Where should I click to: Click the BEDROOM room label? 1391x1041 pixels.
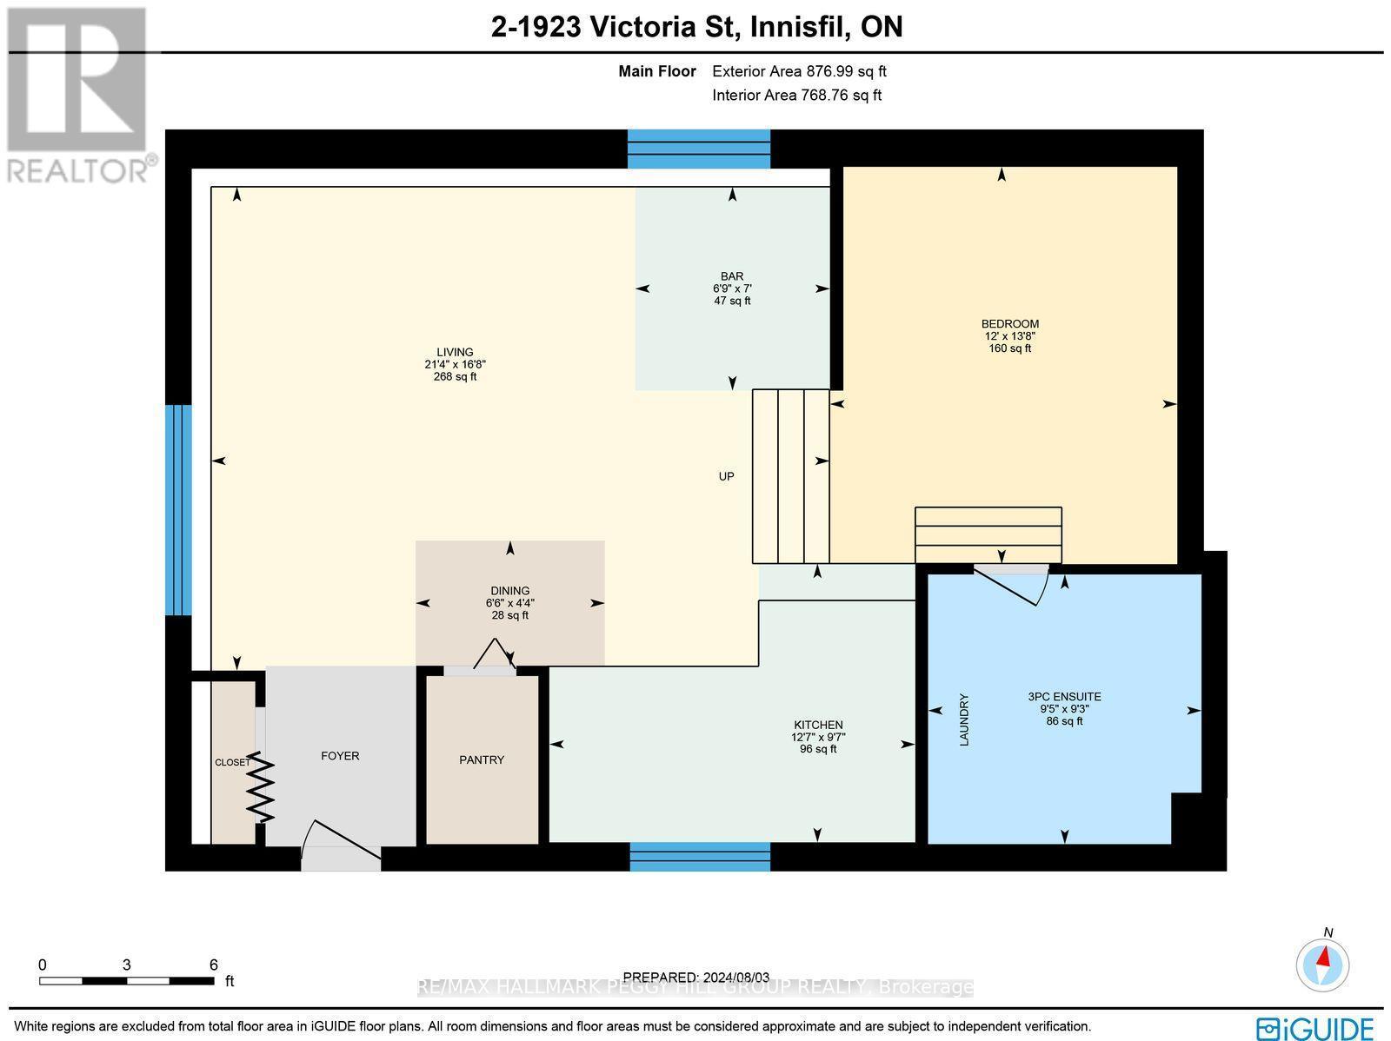(1009, 324)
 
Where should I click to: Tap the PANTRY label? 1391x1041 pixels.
(482, 759)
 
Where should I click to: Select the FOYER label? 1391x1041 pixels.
(340, 756)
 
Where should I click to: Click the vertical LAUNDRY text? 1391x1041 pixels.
(963, 719)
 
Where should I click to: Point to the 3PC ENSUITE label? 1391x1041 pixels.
(1064, 696)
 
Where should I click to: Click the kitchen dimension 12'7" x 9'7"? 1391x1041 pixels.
(817, 737)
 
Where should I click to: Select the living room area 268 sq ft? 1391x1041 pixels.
(455, 377)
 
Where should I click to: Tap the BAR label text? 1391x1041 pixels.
(732, 276)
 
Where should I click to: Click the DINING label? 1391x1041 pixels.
(509, 591)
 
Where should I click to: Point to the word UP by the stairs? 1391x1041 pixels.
(726, 476)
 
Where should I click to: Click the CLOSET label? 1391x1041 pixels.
(232, 763)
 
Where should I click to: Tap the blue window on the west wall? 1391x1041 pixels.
(178, 510)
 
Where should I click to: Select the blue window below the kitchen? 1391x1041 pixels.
(700, 856)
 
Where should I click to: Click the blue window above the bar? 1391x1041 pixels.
(699, 149)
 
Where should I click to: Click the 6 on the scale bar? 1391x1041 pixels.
(213, 965)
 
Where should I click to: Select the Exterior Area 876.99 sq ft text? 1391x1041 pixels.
(799, 72)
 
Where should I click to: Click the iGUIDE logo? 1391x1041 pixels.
(1315, 1028)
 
